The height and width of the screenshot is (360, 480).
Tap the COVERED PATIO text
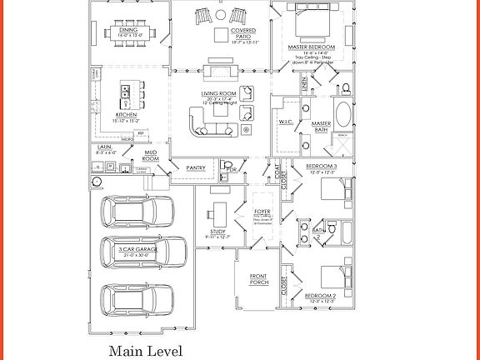point(243,34)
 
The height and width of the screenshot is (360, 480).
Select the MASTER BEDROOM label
point(311,47)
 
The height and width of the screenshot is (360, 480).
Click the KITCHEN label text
point(127,115)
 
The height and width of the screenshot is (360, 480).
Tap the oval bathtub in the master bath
point(342,114)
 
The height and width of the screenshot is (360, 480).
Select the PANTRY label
point(196,167)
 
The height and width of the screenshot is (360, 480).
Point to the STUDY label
point(218,232)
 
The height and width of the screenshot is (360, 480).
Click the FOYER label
point(262,212)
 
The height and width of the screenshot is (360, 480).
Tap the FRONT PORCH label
point(259,279)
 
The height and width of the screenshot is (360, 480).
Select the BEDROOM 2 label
point(319,296)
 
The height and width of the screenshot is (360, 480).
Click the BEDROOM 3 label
point(321,167)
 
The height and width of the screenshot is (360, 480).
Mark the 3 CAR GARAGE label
point(138,249)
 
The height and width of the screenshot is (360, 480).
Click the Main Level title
point(145,351)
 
